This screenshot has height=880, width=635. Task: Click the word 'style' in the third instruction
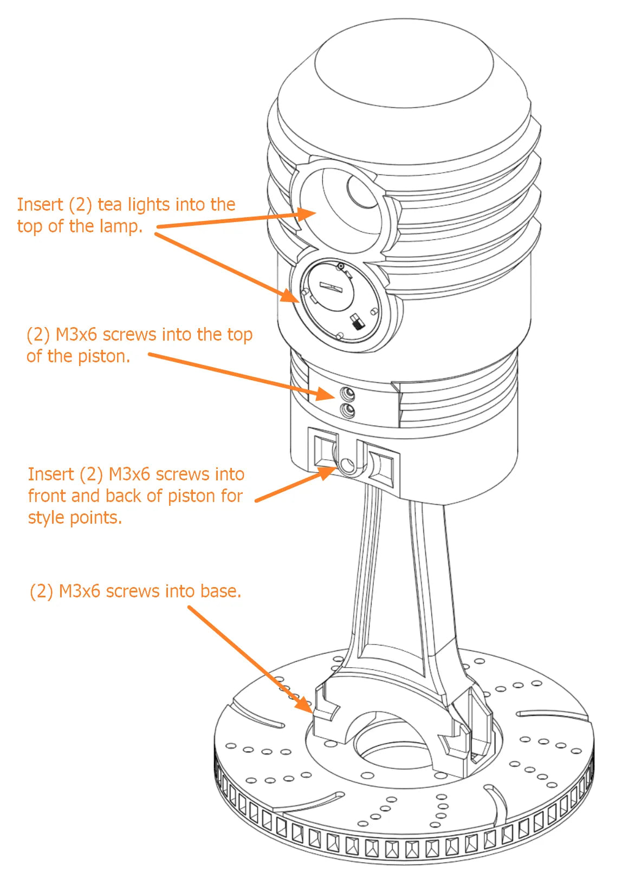[46, 518]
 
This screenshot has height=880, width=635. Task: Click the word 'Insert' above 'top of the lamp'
[40, 205]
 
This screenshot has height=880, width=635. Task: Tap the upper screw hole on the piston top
[347, 393]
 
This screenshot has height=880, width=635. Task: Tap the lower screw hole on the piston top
[347, 410]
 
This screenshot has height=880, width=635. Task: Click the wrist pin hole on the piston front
[348, 465]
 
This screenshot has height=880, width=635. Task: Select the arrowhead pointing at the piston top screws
[327, 394]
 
